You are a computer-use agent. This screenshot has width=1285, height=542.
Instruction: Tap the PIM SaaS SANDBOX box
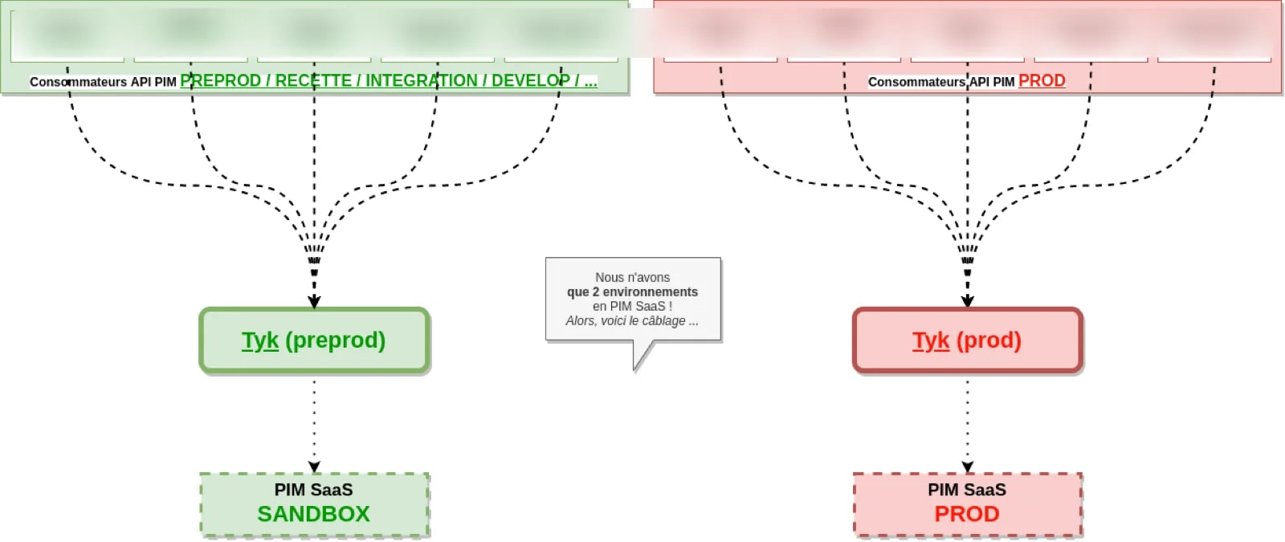click(x=314, y=503)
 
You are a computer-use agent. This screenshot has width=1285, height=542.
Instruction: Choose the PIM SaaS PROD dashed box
click(x=967, y=503)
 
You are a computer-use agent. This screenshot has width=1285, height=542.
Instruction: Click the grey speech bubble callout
click(x=633, y=299)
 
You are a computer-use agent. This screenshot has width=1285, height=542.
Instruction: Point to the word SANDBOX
click(x=313, y=514)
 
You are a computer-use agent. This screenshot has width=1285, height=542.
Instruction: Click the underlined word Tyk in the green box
click(x=260, y=340)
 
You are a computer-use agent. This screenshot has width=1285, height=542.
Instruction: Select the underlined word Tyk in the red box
click(x=931, y=340)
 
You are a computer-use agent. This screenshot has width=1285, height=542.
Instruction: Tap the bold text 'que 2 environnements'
click(x=632, y=291)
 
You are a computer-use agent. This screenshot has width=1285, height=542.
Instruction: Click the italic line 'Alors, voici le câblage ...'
click(x=632, y=320)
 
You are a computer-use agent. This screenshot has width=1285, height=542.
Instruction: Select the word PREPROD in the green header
click(x=220, y=81)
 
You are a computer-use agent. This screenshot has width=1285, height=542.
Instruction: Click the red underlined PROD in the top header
click(x=1042, y=81)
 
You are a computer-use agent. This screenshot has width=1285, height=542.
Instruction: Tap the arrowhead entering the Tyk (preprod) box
click(x=314, y=301)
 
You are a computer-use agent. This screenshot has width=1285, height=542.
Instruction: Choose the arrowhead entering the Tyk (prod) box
click(x=967, y=301)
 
